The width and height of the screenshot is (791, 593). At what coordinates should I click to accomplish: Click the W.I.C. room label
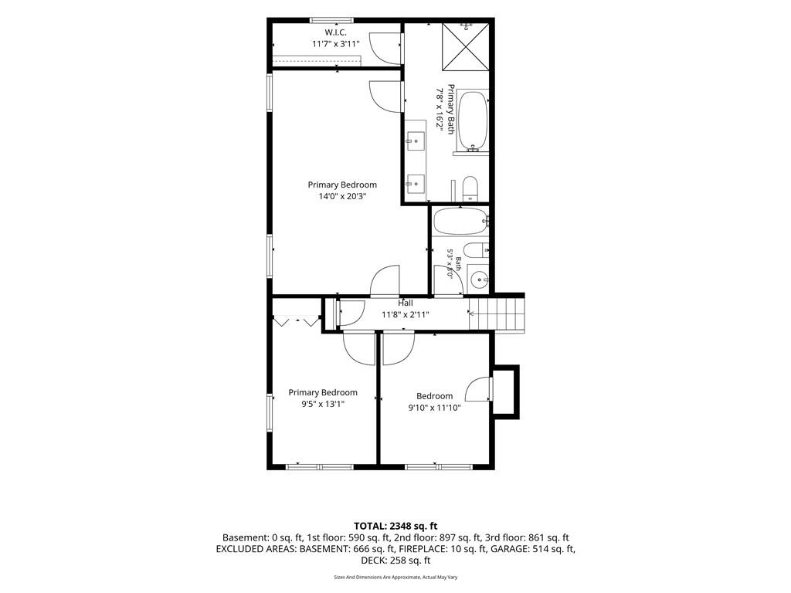[335, 32]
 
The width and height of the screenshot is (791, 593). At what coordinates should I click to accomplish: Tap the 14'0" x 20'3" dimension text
[342, 196]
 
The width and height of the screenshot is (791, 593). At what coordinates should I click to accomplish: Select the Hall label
[405, 303]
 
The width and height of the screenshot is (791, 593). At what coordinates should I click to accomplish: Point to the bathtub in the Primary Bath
[473, 121]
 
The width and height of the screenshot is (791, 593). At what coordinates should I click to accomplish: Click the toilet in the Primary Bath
[470, 188]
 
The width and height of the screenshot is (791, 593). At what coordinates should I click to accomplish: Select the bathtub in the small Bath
[460, 221]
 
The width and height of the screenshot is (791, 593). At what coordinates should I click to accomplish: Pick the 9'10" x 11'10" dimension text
[434, 408]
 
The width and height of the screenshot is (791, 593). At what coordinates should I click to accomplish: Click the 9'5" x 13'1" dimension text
[323, 404]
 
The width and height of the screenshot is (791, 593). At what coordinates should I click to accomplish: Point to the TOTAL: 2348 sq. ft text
[395, 527]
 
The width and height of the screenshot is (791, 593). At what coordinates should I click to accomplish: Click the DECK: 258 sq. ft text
[395, 561]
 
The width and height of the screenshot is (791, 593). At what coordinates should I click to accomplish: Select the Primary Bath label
[450, 110]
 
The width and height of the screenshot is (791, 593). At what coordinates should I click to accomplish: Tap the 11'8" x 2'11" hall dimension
[405, 315]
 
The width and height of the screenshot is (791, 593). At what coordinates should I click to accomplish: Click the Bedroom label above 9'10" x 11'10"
[434, 396]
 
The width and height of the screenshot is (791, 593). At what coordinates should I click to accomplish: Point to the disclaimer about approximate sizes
[395, 578]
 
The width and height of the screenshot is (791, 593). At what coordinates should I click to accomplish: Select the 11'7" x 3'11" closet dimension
[336, 44]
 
